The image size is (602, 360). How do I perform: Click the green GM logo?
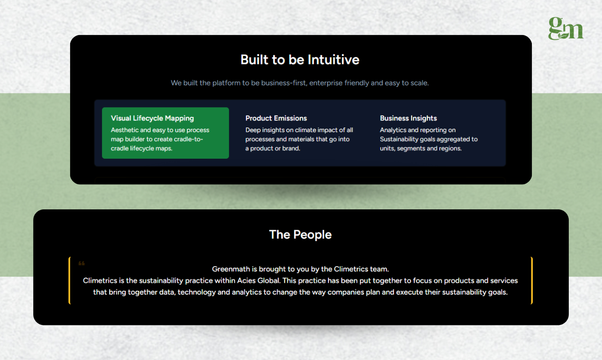pos(566,28)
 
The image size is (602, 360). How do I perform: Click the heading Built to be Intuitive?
pos(300,60)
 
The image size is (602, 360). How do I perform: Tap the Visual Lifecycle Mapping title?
pos(152,118)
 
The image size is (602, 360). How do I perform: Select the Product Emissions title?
pos(276,118)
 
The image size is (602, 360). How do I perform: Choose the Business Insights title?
pos(408,118)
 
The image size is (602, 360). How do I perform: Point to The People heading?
pos(300,234)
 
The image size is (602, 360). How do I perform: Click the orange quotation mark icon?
pos(82,263)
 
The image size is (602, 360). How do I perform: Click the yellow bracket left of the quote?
pos(70,280)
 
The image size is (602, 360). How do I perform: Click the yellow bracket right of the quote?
pos(531,280)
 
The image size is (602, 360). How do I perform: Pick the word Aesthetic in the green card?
pos(125,130)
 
